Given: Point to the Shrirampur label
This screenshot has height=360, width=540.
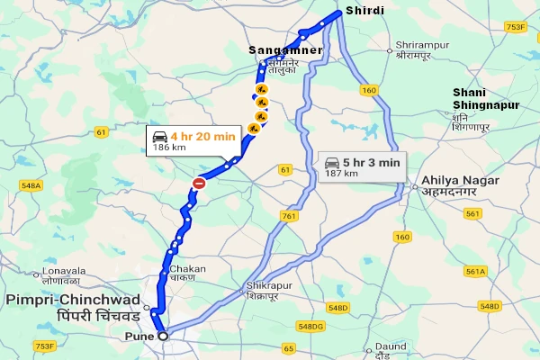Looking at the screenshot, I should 419,44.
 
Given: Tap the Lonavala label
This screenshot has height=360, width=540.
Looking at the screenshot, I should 57,270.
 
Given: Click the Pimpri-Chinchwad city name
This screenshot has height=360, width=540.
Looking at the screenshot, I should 72,299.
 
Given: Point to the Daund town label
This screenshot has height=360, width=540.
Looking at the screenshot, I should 391,346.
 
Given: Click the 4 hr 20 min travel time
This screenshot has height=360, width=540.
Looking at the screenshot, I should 203,136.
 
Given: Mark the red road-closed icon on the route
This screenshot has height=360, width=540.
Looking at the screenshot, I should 199,184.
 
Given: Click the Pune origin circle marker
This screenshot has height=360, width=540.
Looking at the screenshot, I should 163,336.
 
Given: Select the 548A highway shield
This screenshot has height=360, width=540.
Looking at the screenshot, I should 31,185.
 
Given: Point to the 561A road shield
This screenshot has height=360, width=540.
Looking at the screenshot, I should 475,271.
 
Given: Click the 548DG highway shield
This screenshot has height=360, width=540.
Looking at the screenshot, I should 311,326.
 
